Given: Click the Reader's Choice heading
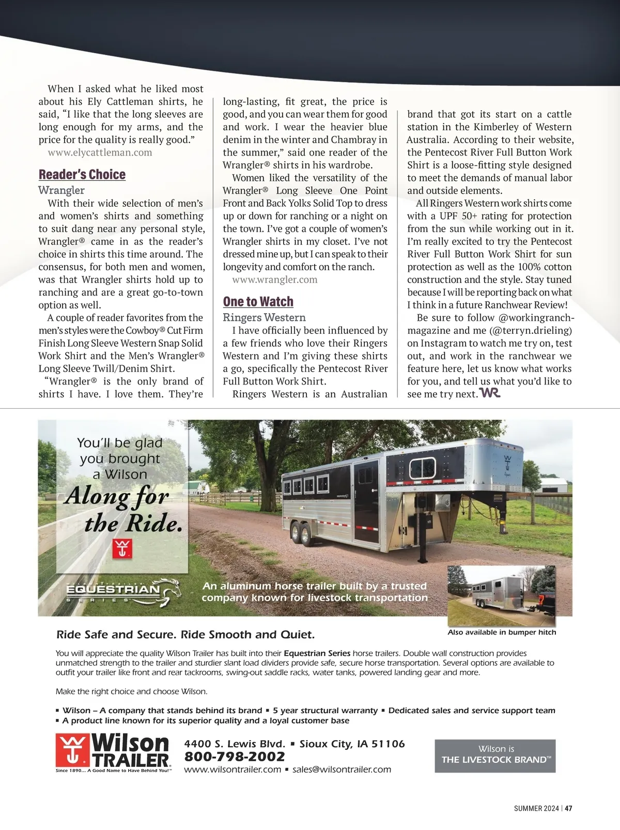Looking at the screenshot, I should click(82, 175).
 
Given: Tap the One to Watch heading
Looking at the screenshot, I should click(258, 302).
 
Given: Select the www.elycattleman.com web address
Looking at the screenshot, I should click(100, 152).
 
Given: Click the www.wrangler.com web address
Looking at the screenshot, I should click(275, 280).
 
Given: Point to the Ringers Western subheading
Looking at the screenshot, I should click(264, 317).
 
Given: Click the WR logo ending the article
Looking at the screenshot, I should click(490, 393).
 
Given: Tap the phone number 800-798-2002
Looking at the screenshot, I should click(235, 757).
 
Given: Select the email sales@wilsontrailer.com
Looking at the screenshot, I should click(342, 770).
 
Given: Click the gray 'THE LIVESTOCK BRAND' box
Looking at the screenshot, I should click(495, 756).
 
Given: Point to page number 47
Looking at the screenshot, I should click(569, 808).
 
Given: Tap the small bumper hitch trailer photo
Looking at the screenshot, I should click(502, 594).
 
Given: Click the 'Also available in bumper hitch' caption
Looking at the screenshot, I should click(502, 632).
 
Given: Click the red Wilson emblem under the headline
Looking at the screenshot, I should click(122, 549).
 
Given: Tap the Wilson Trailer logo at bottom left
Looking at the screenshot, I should click(113, 752).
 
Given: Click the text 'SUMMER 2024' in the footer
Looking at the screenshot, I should click(536, 808).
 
